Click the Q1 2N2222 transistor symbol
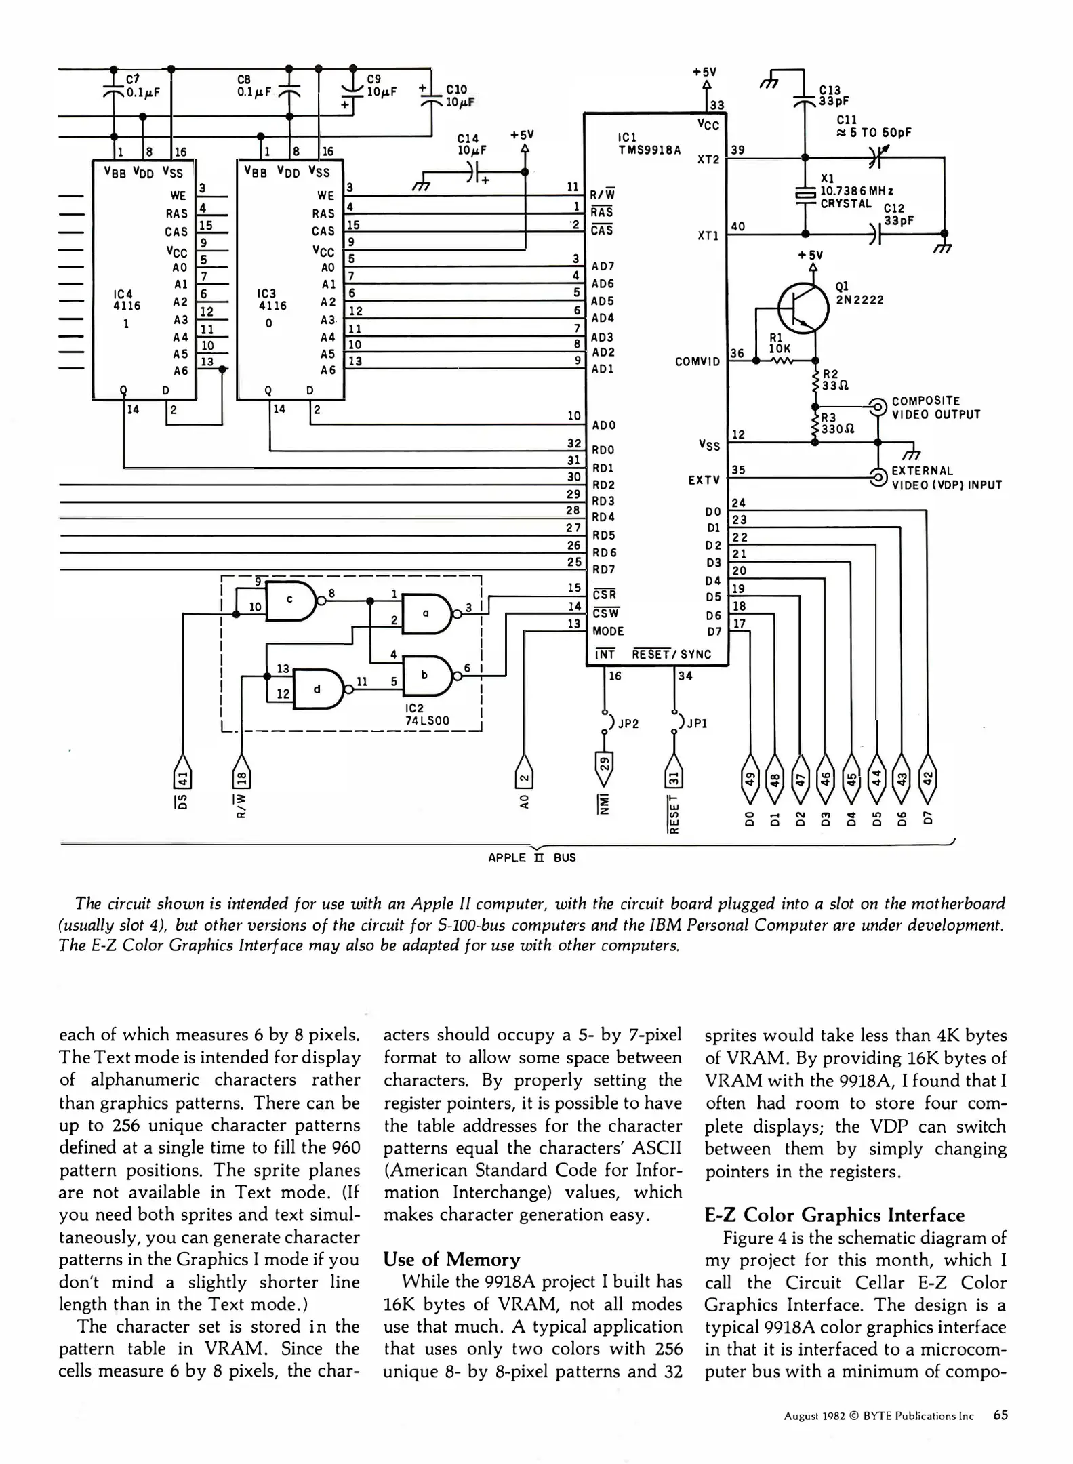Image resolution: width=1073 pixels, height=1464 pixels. (x=803, y=307)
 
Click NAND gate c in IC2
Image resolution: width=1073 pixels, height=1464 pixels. (x=291, y=601)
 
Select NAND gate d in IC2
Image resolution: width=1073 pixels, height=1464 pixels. (x=318, y=689)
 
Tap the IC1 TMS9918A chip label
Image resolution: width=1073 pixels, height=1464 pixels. (x=649, y=144)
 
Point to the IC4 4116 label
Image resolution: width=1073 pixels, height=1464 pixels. (x=127, y=300)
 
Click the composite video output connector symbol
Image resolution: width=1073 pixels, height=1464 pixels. (x=878, y=407)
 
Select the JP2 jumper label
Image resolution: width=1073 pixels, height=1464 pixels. (x=628, y=723)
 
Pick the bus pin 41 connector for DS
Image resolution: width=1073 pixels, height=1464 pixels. (x=182, y=773)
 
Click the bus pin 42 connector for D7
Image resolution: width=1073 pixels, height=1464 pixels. (x=928, y=773)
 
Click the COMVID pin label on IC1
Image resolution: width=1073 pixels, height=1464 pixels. (x=697, y=361)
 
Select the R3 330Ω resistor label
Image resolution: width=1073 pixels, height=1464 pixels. (x=837, y=423)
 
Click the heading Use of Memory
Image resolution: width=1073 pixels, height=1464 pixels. (x=451, y=1259)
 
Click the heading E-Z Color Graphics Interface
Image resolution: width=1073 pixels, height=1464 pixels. (x=834, y=1215)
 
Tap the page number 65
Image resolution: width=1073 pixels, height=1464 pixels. (x=1000, y=1415)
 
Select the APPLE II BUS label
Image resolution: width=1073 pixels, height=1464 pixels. (x=531, y=857)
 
